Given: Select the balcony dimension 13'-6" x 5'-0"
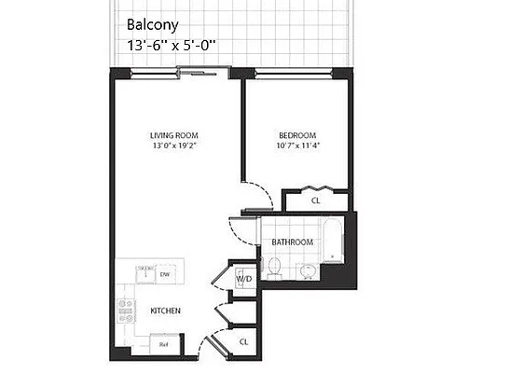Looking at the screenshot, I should coord(177,44).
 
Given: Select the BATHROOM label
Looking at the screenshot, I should coord(291,242).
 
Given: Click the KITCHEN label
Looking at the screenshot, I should coord(164,310).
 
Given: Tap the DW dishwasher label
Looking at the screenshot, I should coord(164,274).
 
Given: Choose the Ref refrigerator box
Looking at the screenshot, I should coord(163,344).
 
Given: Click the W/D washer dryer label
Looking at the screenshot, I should coord(244,278).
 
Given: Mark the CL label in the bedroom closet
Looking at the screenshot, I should coord(316,200).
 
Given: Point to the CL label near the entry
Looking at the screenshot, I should coord(244,341).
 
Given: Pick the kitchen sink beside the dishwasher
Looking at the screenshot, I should coord(144,273).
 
